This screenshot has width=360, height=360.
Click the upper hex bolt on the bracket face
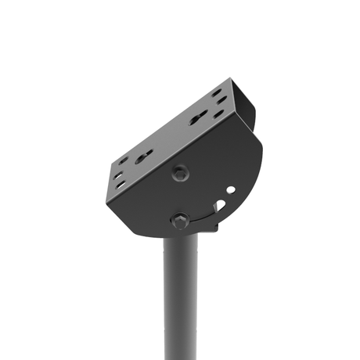tap(182, 173)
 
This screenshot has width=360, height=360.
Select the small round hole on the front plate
tap(229, 190)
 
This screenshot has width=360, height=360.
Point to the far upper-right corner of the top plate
tap(232, 80)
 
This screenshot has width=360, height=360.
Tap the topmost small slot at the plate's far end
tap(216, 93)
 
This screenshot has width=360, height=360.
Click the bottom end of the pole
tap(181, 356)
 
